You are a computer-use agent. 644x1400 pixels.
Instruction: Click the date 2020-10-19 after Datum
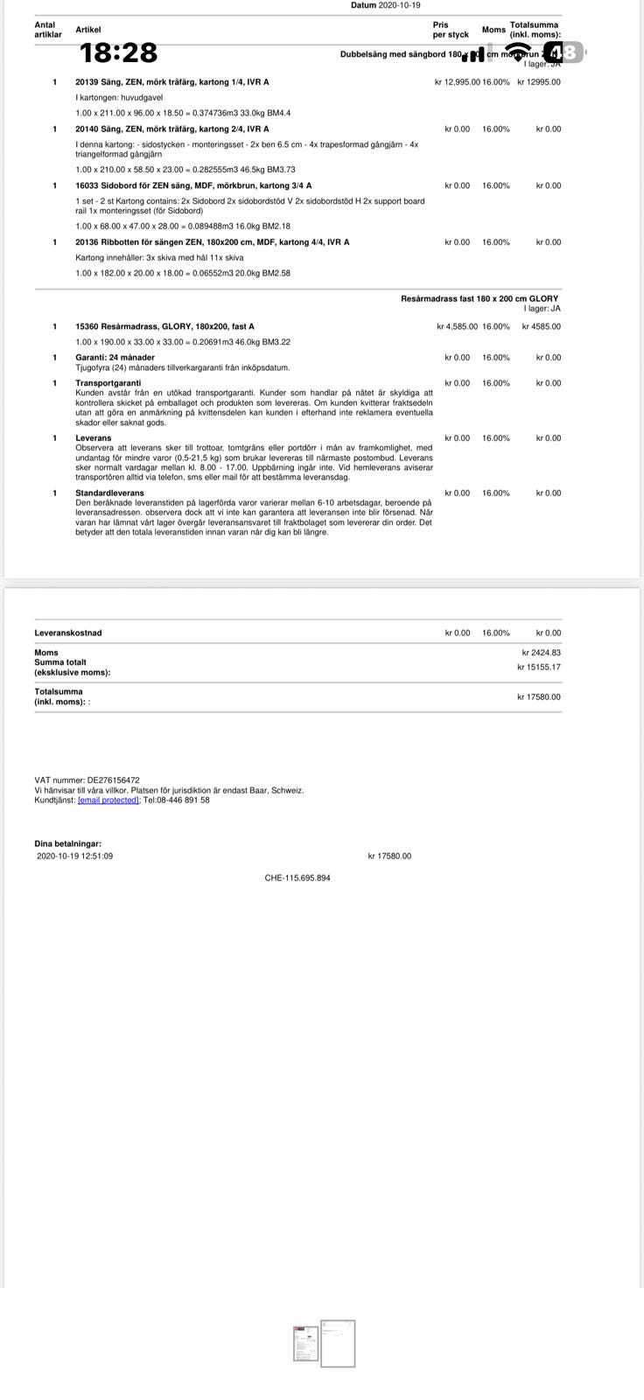[399, 5]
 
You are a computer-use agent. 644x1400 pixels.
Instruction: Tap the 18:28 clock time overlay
[119, 53]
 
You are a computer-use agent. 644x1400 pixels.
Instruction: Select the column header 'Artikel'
[88, 30]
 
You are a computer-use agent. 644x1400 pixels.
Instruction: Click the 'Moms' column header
[493, 30]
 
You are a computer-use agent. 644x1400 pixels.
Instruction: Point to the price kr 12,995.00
[457, 82]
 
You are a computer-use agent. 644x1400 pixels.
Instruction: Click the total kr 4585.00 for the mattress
[541, 326]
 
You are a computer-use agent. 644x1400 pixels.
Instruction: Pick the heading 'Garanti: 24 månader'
[115, 357]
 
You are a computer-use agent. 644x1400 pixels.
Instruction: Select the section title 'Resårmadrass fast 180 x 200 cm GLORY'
[479, 298]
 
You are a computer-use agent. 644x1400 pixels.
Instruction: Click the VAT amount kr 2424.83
[541, 653]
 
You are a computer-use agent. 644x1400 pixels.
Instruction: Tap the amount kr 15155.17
[539, 667]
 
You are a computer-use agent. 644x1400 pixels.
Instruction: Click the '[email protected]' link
[108, 800]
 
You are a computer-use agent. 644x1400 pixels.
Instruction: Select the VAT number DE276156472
[113, 780]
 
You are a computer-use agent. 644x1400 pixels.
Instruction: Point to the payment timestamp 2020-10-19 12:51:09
[75, 856]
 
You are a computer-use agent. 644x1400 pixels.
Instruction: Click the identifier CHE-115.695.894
[297, 878]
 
